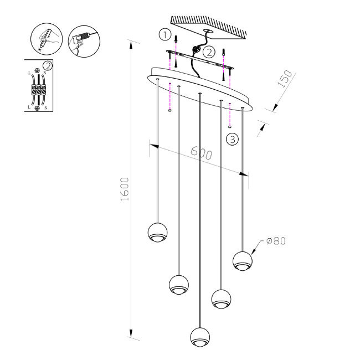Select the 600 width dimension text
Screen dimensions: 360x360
(201, 153)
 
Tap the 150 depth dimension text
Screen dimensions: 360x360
(284, 81)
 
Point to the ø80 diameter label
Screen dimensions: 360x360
(275, 241)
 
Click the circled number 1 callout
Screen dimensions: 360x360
(164, 35)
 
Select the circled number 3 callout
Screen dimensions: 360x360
(233, 139)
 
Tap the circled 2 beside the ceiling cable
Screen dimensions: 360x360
(209, 53)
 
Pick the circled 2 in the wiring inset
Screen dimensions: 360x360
(48, 66)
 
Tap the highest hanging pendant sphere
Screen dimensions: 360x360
(157, 233)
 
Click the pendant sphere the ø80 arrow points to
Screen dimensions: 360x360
(243, 260)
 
